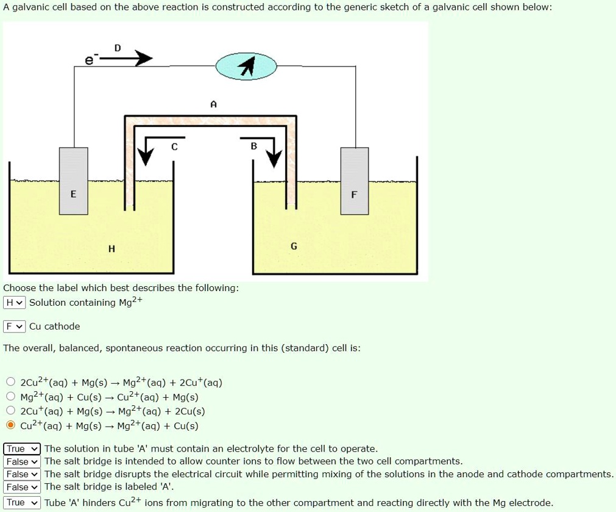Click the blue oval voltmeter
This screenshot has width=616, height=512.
click(x=246, y=66)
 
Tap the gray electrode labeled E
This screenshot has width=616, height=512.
click(x=73, y=181)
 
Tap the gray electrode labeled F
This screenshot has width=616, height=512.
click(x=355, y=181)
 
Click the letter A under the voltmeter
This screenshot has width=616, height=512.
click(x=213, y=104)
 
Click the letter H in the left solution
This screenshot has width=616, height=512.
click(x=112, y=248)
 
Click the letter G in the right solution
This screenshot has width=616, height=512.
click(x=294, y=247)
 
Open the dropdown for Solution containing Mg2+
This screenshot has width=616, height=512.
click(x=15, y=303)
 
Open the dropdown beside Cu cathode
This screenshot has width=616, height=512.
click(x=15, y=326)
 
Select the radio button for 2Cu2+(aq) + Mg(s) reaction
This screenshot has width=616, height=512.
click(x=11, y=383)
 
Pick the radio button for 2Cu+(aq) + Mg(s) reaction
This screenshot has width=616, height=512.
click(x=11, y=412)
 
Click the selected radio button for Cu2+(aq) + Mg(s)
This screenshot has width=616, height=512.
click(x=11, y=426)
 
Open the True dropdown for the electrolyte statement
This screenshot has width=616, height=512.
click(x=22, y=449)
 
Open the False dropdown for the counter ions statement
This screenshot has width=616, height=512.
click(x=22, y=461)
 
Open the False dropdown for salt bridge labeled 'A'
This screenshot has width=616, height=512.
click(x=22, y=487)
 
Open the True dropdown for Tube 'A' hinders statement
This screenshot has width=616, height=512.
click(x=22, y=503)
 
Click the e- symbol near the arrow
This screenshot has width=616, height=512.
click(x=89, y=60)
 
